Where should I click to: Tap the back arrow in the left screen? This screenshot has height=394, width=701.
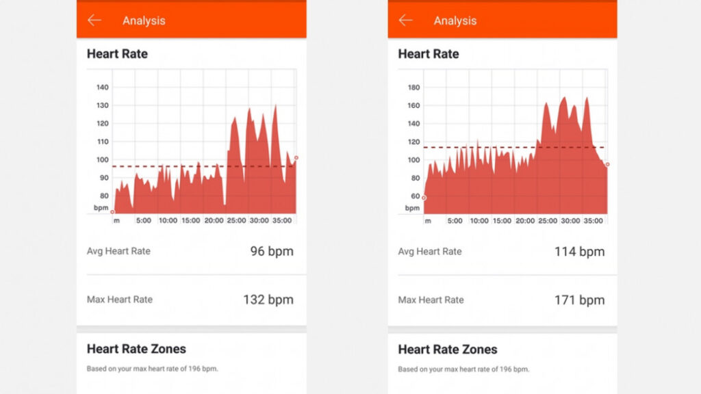click(94, 21)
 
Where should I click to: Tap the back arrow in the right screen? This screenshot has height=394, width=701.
click(406, 21)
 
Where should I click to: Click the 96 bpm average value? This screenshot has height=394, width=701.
click(272, 251)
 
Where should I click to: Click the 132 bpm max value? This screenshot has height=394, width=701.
click(268, 300)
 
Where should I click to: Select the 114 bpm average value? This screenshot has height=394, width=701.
click(579, 251)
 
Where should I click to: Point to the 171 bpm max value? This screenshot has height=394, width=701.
click(579, 300)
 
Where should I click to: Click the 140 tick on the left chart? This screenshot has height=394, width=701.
click(102, 88)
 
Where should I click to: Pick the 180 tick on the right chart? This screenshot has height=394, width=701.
click(413, 88)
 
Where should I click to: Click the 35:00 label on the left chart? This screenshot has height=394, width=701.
click(281, 221)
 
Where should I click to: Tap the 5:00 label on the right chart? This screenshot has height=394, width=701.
click(455, 221)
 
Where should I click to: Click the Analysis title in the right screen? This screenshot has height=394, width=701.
click(455, 21)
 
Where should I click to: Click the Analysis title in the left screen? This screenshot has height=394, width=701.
click(144, 21)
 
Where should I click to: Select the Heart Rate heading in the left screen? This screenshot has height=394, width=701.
click(117, 54)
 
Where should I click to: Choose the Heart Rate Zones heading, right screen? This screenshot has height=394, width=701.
click(448, 349)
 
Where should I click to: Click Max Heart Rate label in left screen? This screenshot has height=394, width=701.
click(120, 300)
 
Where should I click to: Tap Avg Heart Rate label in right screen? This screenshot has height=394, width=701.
click(430, 252)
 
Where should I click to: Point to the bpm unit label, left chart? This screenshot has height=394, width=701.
click(101, 207)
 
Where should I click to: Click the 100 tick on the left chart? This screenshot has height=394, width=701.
click(102, 160)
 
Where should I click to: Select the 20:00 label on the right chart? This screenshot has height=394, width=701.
click(525, 221)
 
